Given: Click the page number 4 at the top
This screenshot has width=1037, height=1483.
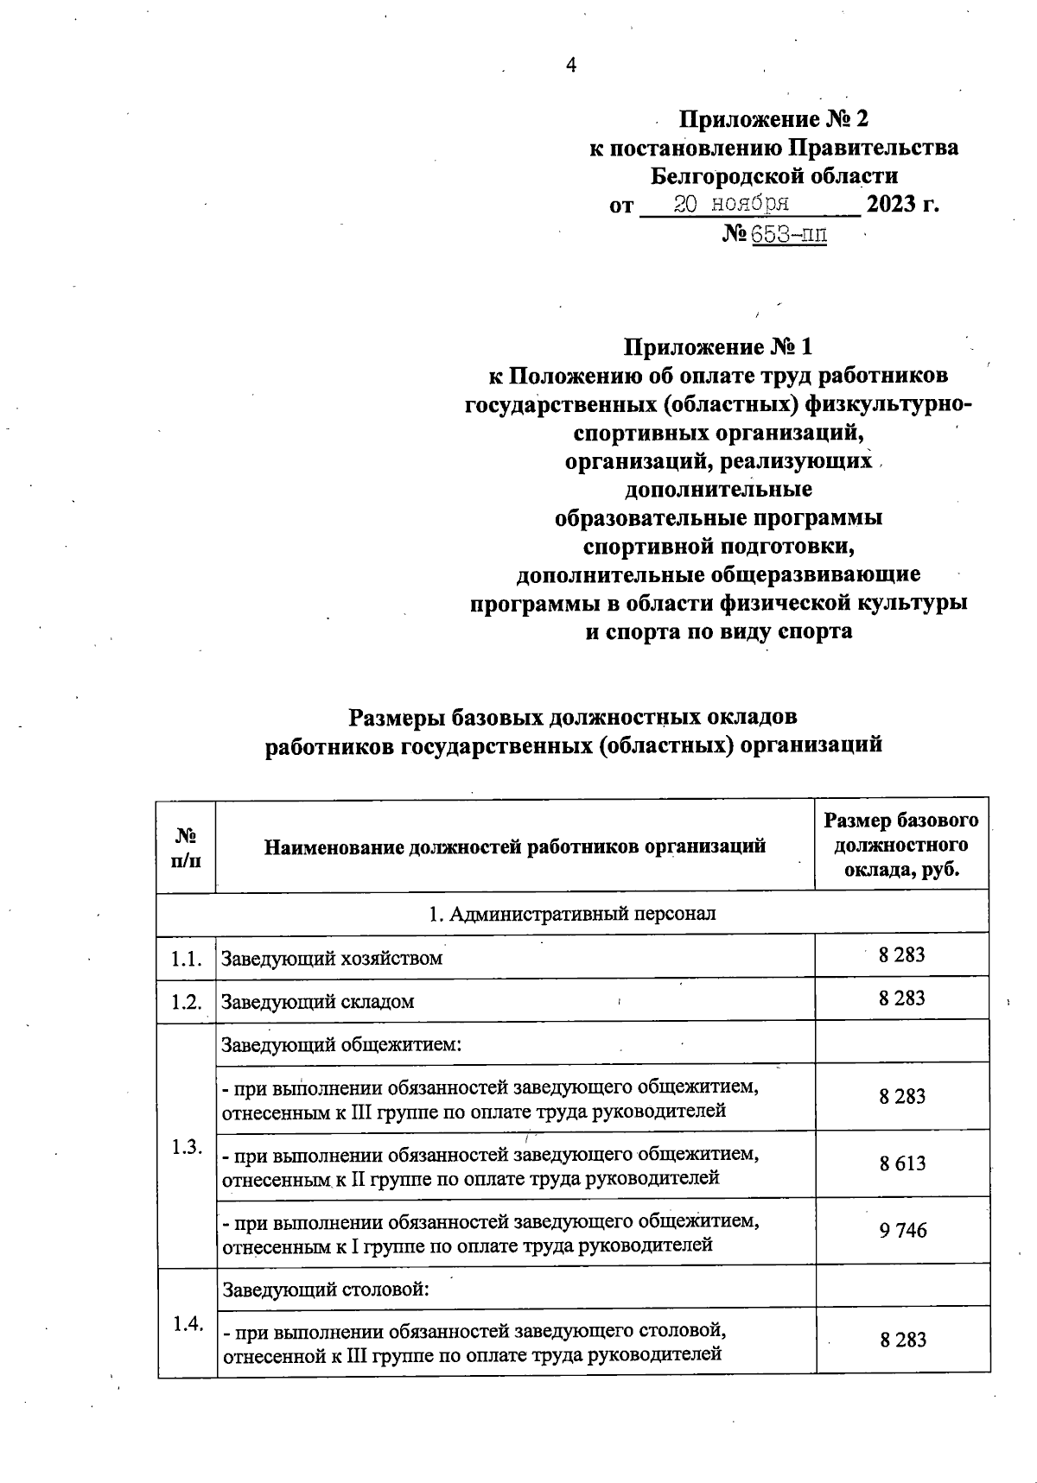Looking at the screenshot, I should coord(570,66).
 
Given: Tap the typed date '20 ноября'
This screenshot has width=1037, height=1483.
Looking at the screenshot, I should coord(731,204).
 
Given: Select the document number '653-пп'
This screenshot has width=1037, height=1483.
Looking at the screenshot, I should coord(788,233).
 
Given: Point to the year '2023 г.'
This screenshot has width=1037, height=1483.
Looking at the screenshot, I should coord(902,205).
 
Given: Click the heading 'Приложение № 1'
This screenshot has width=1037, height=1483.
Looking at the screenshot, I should coord(718,347).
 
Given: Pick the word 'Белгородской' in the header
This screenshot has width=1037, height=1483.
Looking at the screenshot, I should coord(722,176).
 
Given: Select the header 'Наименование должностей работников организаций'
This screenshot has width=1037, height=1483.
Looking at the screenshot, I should coord(515,846).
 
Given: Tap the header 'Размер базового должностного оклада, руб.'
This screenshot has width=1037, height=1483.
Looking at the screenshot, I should coord(901,845).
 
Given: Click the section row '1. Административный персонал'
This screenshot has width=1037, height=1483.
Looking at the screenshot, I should coord(572,913).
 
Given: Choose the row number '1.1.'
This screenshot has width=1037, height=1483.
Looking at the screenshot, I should coord(186,958).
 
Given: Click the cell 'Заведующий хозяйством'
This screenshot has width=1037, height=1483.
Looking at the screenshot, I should coord(332,958).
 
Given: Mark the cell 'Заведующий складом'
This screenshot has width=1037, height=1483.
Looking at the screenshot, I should coord(318,1002).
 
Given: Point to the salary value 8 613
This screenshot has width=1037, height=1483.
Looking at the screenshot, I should coord(902,1163).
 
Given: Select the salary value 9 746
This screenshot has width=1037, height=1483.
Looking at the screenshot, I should coord(902,1231).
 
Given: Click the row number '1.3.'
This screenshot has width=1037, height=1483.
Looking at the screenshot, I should coord(186,1147).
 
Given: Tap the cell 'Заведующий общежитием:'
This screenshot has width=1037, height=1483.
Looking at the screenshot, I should coord(342,1045).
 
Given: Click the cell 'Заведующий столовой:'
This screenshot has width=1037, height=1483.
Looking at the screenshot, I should coord(327,1290).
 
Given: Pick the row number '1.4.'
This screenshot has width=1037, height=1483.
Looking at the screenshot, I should coord(187,1324).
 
